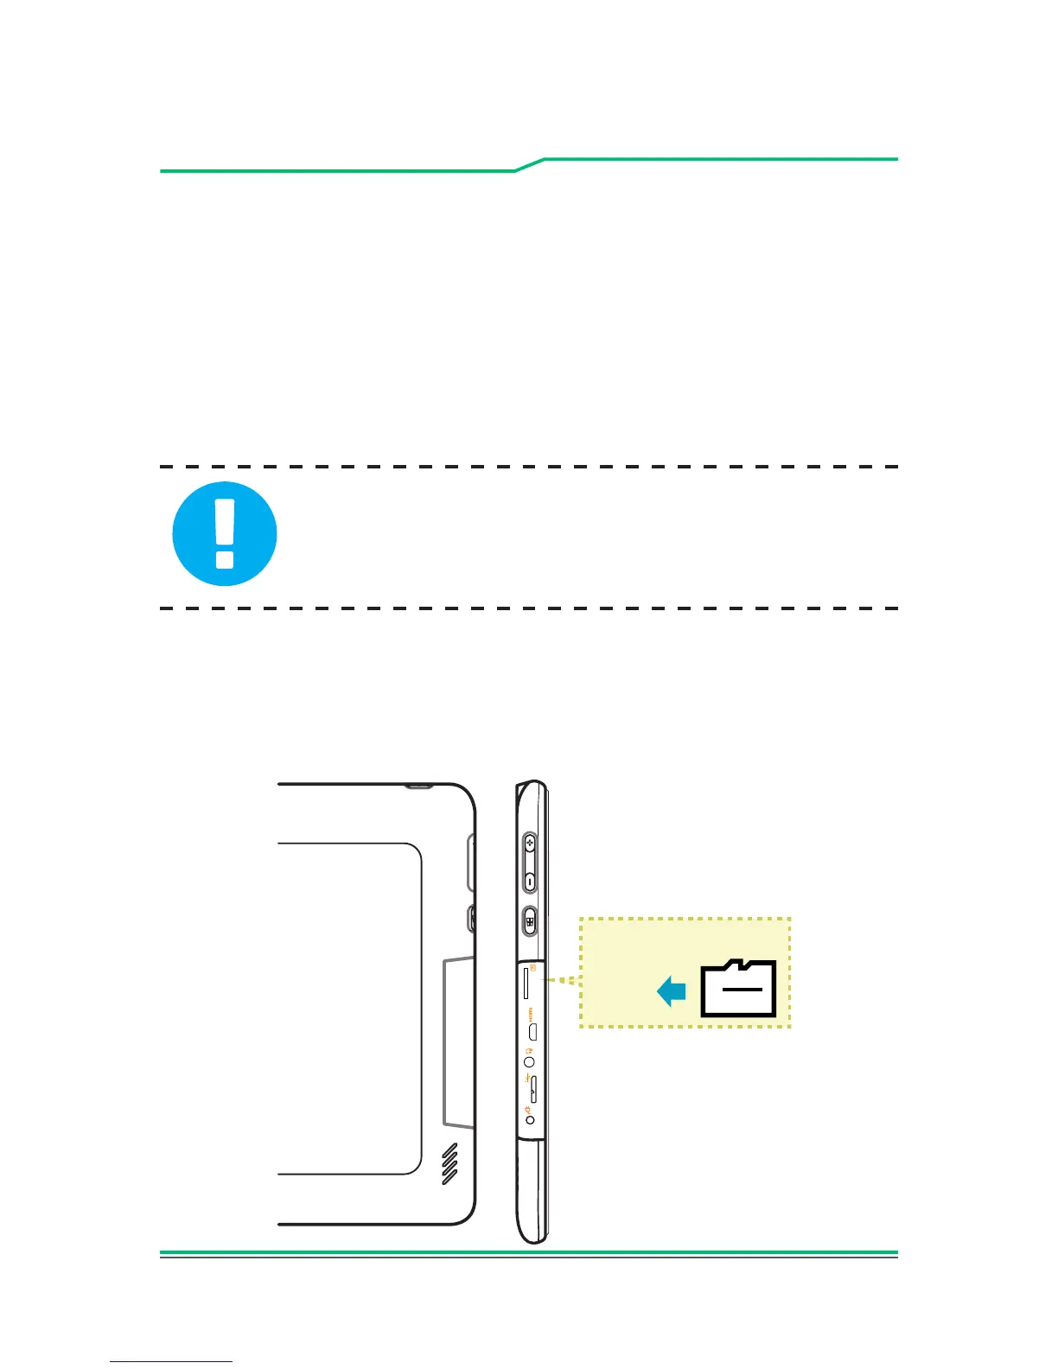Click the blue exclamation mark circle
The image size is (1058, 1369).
coord(225,533)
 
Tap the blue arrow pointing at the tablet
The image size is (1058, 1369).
coord(672,990)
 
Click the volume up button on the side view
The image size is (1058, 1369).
coord(530,844)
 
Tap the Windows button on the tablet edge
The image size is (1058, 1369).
coord(530,921)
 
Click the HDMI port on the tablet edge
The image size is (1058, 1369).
coord(533,1031)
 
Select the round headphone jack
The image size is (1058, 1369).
coord(529,1062)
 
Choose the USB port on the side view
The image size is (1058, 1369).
coord(532,1090)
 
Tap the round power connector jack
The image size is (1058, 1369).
coord(530,1120)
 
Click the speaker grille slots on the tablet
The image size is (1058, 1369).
coord(449,1164)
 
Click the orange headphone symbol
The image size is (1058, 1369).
coord(528,1050)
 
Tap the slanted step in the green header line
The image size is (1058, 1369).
coord(530,165)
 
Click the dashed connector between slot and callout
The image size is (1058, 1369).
coord(559,981)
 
